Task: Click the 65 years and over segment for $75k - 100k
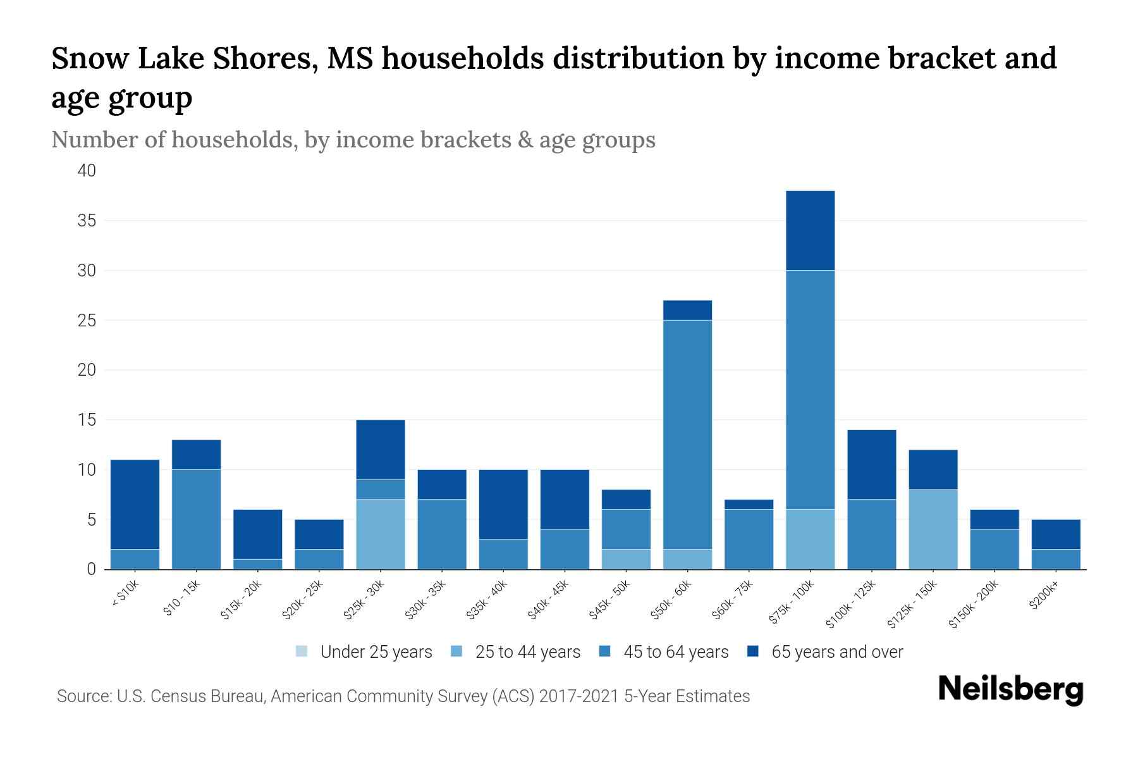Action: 810,230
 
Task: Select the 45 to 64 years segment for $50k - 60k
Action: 687,435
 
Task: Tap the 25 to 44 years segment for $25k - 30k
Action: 380,534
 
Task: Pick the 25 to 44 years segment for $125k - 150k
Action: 933,529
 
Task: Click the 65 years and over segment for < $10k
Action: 135,504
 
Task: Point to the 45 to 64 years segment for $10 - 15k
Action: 196,519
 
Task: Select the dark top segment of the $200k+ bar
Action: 1055,534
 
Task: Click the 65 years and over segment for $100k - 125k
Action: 871,464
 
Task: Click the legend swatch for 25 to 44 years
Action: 456,651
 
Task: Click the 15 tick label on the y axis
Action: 87,420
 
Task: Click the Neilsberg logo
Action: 1010,689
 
